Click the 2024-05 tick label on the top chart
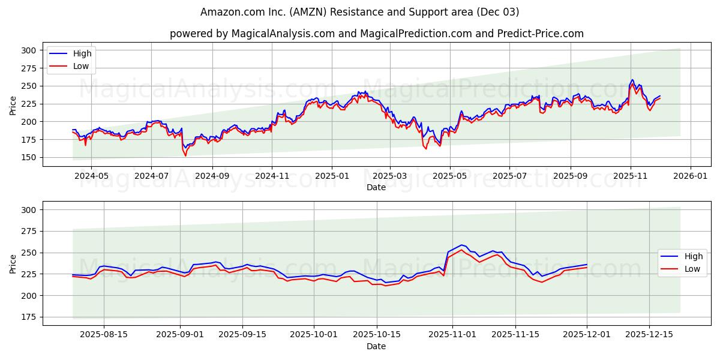point(91,177)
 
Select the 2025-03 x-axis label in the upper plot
point(390,177)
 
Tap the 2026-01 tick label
point(690,177)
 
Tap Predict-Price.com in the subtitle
point(540,34)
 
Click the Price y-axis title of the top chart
point(13,106)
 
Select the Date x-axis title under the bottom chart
point(376,347)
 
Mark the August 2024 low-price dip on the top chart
point(185,155)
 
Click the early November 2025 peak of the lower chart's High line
point(461,245)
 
